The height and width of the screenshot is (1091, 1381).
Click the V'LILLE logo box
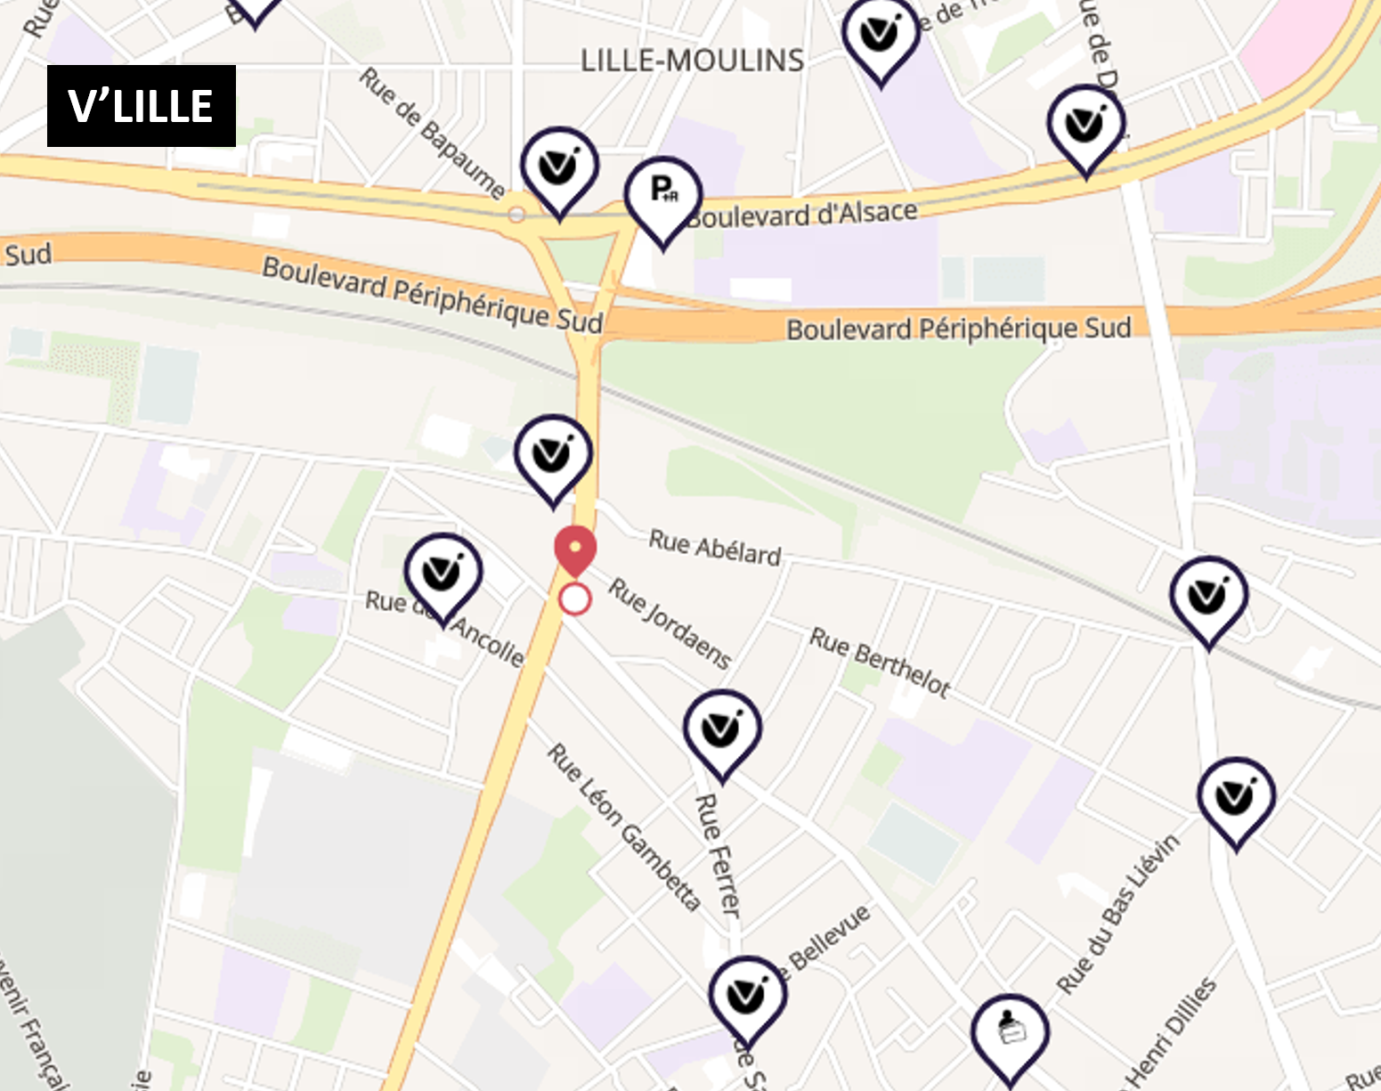141,106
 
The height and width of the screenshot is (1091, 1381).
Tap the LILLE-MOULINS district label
692,61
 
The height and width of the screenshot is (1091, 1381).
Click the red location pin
575,550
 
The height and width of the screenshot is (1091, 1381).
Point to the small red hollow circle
575,599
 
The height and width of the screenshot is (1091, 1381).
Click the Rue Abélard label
714,547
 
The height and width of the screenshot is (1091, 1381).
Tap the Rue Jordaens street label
670,623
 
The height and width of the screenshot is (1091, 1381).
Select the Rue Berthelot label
880,663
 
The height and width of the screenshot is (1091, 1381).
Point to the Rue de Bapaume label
432,132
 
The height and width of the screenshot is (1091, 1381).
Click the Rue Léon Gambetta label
623,827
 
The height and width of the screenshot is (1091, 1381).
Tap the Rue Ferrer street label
718,855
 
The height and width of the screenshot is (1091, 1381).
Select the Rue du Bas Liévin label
1118,914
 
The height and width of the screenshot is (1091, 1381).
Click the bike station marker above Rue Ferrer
722,729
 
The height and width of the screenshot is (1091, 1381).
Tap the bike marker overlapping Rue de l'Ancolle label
443,573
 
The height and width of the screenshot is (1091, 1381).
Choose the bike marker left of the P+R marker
559,167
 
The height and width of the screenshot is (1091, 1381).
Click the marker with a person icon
1010,1032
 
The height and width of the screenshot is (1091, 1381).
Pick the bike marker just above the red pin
553,453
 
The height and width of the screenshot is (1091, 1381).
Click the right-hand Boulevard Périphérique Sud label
958,329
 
